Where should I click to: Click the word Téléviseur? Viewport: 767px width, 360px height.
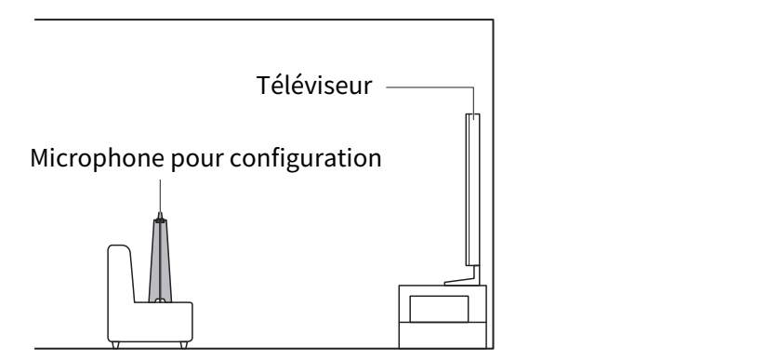point(314,85)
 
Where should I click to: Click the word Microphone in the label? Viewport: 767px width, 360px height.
point(97,158)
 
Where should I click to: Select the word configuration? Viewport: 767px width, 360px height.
point(305,158)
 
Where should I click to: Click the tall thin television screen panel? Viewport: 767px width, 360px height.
point(472,190)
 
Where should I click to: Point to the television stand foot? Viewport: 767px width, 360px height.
point(463,279)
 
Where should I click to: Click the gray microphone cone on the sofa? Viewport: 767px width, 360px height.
point(160,260)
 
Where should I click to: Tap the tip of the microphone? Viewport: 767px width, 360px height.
point(160,214)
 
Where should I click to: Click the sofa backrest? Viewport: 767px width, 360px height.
point(120,273)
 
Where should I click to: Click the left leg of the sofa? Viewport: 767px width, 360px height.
point(115,345)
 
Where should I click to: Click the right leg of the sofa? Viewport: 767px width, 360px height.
point(184,345)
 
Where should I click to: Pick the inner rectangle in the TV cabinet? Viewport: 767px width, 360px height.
point(439,309)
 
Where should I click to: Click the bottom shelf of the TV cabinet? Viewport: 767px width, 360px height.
point(443,335)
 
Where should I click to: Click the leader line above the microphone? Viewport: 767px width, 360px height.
point(160,195)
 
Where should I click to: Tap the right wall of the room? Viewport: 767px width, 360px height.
point(493,184)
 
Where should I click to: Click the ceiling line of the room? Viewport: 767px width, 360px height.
point(264,20)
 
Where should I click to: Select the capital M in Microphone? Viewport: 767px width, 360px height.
point(39,158)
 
